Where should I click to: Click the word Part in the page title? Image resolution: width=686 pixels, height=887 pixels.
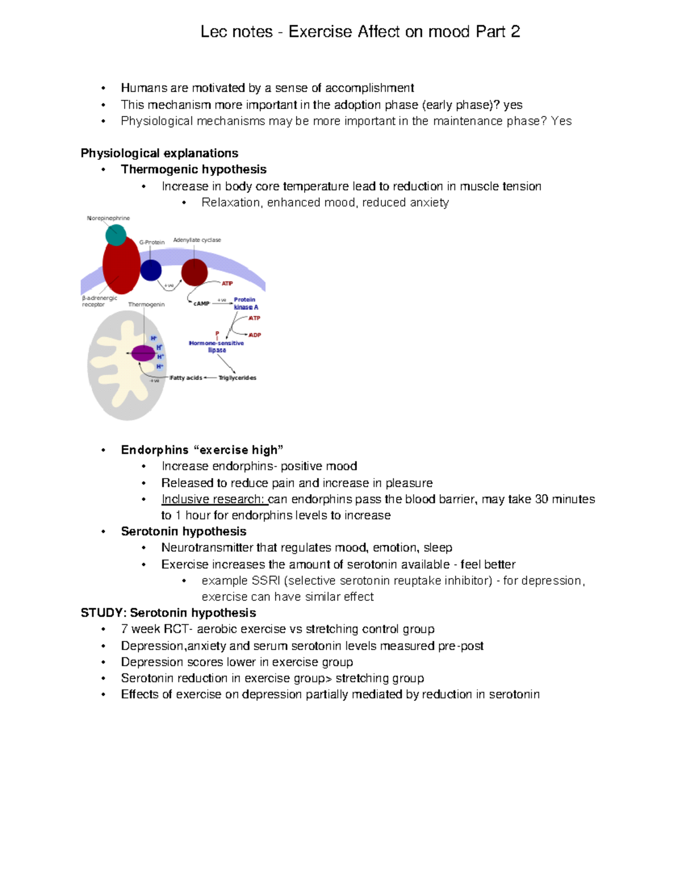coord(490,31)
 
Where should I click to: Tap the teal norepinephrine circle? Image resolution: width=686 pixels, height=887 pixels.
coord(116,235)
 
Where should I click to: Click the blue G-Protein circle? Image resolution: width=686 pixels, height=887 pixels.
coord(151,270)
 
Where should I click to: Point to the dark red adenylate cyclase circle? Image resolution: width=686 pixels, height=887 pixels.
coord(194,272)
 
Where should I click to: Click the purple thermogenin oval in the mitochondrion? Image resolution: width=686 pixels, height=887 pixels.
coord(143,353)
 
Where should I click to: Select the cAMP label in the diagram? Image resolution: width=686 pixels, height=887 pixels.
coord(201,303)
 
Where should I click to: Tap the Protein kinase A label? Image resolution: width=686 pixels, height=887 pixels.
coord(246,303)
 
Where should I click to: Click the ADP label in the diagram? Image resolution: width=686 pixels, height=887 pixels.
coord(255,335)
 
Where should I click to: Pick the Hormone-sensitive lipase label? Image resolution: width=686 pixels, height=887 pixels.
coord(217,347)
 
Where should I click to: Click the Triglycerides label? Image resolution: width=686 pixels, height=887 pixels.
coord(237,378)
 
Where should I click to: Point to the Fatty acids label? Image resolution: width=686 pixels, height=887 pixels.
coord(186,378)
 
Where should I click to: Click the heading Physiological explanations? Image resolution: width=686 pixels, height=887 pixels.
coord(159,153)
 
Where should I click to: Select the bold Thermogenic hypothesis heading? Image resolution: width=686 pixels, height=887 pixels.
coord(194,170)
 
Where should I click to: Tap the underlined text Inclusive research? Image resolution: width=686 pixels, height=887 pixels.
coord(214,499)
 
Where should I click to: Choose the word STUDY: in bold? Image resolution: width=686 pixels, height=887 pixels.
coord(103,613)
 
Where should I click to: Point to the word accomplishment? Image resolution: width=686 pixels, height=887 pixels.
coord(369,88)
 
